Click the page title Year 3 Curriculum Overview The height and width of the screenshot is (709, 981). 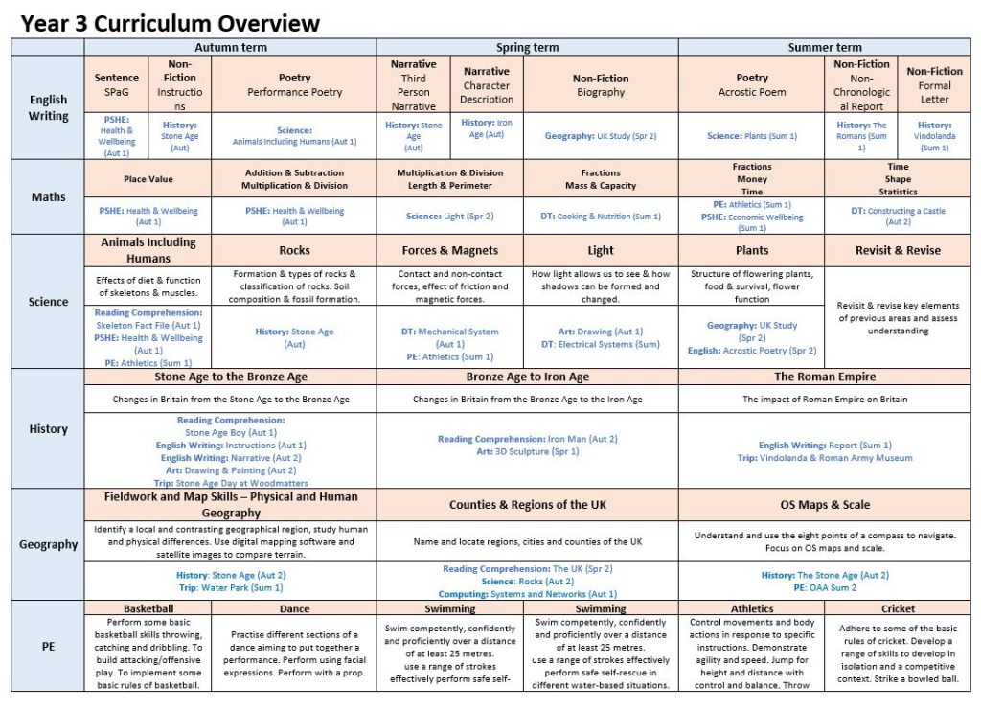171,23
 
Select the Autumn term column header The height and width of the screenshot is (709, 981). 230,47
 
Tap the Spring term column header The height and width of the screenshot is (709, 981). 527,47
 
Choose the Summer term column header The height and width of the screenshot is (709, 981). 824,47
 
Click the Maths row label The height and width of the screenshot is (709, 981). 48,196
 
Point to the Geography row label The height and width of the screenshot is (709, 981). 48,544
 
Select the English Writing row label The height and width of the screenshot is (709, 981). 48,107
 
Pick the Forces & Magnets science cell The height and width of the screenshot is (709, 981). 449,250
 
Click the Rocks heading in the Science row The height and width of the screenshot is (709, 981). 294,250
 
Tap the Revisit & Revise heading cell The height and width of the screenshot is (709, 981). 898,250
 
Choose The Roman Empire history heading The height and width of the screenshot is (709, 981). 824,377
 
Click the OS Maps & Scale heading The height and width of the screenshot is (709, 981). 824,504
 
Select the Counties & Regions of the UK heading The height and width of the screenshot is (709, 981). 527,504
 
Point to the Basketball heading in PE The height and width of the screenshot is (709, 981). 148,608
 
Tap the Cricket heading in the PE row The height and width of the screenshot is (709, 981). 898,608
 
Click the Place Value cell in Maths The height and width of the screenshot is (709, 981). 148,179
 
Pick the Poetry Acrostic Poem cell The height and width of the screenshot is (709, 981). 752,84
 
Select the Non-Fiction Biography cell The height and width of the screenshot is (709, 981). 600,84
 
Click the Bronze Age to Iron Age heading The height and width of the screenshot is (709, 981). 527,377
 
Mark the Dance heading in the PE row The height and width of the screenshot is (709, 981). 294,608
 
